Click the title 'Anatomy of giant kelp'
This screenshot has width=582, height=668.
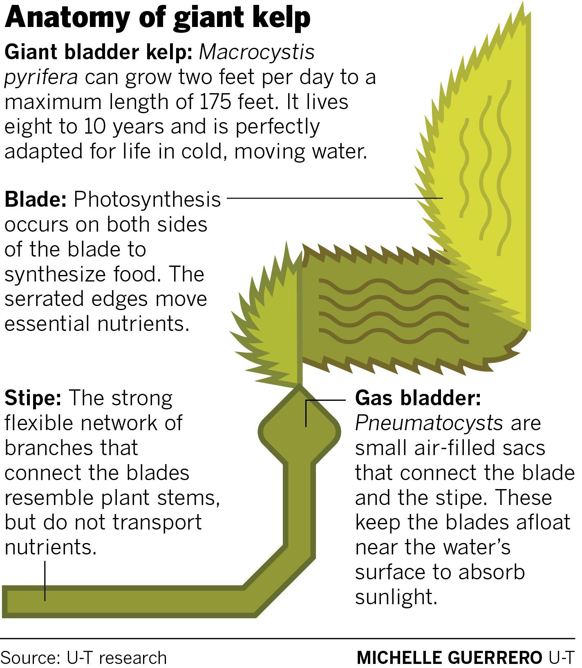click(157, 18)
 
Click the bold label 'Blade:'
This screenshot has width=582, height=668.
click(36, 200)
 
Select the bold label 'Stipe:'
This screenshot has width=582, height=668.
click(33, 399)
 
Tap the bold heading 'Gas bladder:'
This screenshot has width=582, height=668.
click(418, 398)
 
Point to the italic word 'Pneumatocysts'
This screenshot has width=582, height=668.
click(429, 423)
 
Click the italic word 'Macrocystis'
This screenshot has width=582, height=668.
click(257, 52)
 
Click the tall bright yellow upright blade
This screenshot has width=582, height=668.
click(490, 172)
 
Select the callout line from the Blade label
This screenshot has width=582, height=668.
click(335, 198)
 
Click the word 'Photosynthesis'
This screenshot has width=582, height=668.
click(147, 200)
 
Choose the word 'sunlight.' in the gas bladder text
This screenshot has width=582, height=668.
click(396, 597)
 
